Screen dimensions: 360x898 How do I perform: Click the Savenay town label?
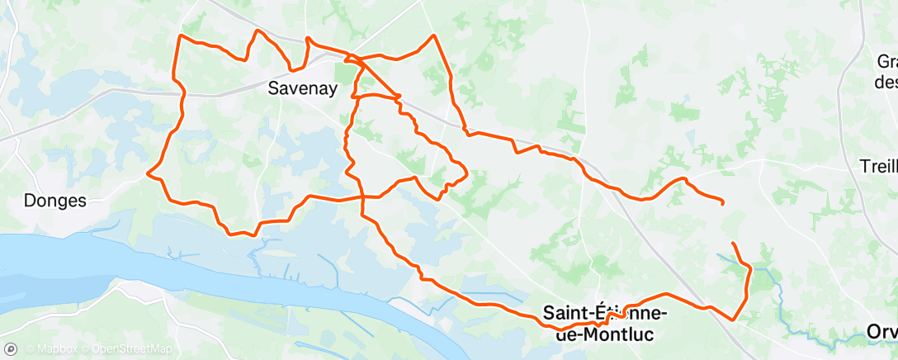[303, 88]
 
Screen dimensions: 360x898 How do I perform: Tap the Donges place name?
[55, 200]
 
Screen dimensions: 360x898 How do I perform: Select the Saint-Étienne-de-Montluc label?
[606, 323]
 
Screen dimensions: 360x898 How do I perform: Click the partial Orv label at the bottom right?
[882, 331]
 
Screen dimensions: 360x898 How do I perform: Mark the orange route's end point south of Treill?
[723, 202]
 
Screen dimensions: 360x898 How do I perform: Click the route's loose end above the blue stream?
[733, 243]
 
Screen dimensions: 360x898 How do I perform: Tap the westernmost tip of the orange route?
[148, 173]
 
